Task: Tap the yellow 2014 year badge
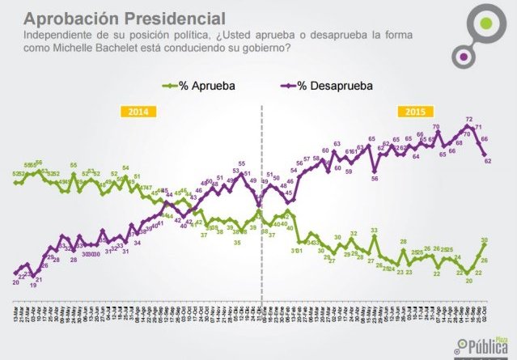[137, 112]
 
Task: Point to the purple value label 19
[32, 286]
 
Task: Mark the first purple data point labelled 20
[15, 273]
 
